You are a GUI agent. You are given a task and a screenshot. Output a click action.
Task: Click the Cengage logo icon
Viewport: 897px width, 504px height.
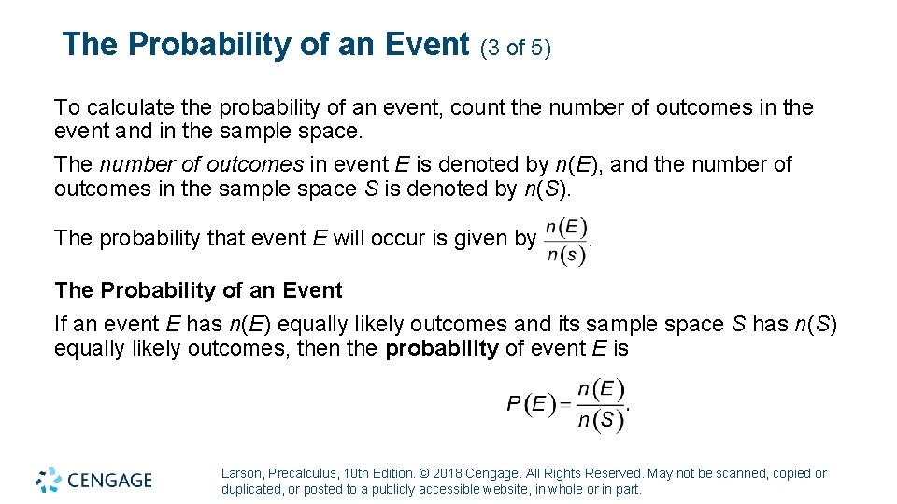[x=49, y=480]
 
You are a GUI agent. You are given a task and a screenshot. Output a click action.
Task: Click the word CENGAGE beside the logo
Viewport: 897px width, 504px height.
[x=109, y=481]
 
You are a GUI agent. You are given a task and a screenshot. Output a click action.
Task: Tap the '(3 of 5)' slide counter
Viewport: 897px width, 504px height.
[x=516, y=48]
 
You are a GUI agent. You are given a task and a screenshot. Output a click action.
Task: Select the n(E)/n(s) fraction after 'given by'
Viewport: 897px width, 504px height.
[x=565, y=242]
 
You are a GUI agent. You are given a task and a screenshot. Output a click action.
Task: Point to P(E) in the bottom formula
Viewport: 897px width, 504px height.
[x=527, y=404]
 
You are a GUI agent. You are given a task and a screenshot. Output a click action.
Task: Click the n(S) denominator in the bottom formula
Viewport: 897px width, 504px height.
[x=601, y=420]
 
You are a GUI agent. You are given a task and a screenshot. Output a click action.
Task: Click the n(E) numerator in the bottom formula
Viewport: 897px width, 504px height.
[x=601, y=388]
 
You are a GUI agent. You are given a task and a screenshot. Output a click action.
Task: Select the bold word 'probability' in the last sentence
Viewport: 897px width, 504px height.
[x=442, y=349]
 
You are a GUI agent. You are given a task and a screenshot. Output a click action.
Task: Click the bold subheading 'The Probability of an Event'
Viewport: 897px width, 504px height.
[x=198, y=290]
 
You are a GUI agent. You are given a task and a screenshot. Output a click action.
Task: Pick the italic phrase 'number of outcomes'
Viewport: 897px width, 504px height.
[x=202, y=165]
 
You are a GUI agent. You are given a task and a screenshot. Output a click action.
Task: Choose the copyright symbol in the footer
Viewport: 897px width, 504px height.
[x=424, y=473]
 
